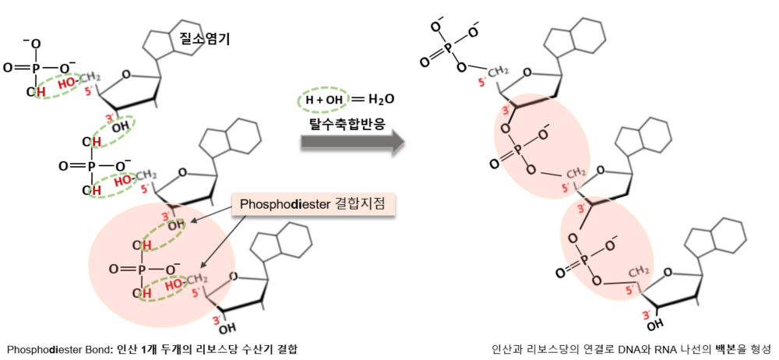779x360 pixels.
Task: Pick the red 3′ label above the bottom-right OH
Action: click(645, 312)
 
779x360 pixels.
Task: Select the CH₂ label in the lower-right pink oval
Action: click(640, 270)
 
